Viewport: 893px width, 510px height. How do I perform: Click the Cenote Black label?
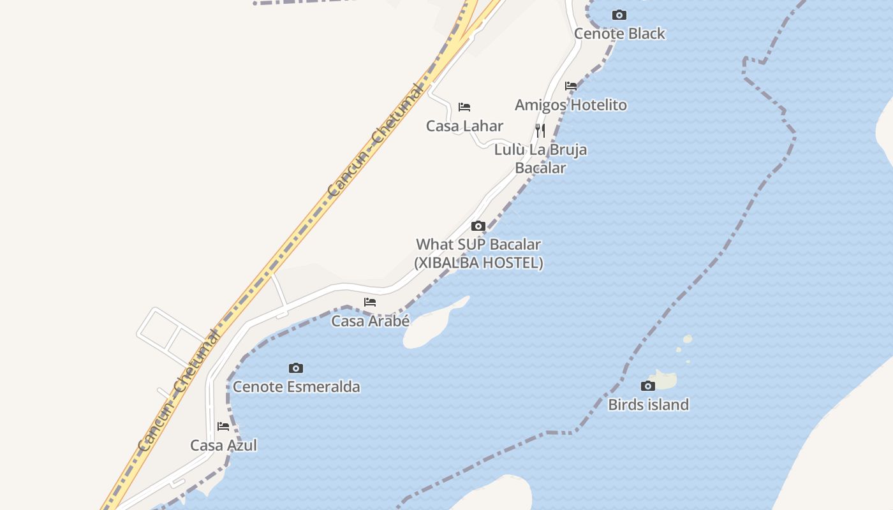click(619, 34)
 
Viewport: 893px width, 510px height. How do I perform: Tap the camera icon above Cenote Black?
click(619, 15)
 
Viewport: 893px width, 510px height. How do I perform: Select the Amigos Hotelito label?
click(571, 105)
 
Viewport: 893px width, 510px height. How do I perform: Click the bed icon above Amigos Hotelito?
click(571, 86)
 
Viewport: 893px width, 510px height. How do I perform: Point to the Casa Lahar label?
click(464, 126)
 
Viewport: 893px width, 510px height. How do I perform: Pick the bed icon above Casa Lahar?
click(464, 107)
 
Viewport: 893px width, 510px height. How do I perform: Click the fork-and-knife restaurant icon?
click(540, 131)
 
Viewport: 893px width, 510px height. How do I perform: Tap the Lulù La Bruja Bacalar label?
click(540, 159)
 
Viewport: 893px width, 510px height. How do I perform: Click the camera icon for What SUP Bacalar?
click(478, 226)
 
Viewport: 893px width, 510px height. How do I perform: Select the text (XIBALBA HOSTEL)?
click(478, 263)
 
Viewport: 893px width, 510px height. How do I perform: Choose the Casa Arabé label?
click(370, 321)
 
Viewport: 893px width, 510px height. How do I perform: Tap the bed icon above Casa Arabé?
click(370, 302)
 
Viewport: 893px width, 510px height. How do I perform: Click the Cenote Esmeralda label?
click(296, 387)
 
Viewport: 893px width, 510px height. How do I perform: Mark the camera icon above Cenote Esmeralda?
click(296, 368)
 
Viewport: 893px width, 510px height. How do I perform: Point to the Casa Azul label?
click(223, 446)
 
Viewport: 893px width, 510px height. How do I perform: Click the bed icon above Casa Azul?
click(223, 426)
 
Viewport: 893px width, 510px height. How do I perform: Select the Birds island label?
click(648, 405)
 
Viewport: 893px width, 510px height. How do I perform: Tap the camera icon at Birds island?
click(647, 386)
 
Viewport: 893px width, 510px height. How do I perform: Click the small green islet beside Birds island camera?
click(665, 381)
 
